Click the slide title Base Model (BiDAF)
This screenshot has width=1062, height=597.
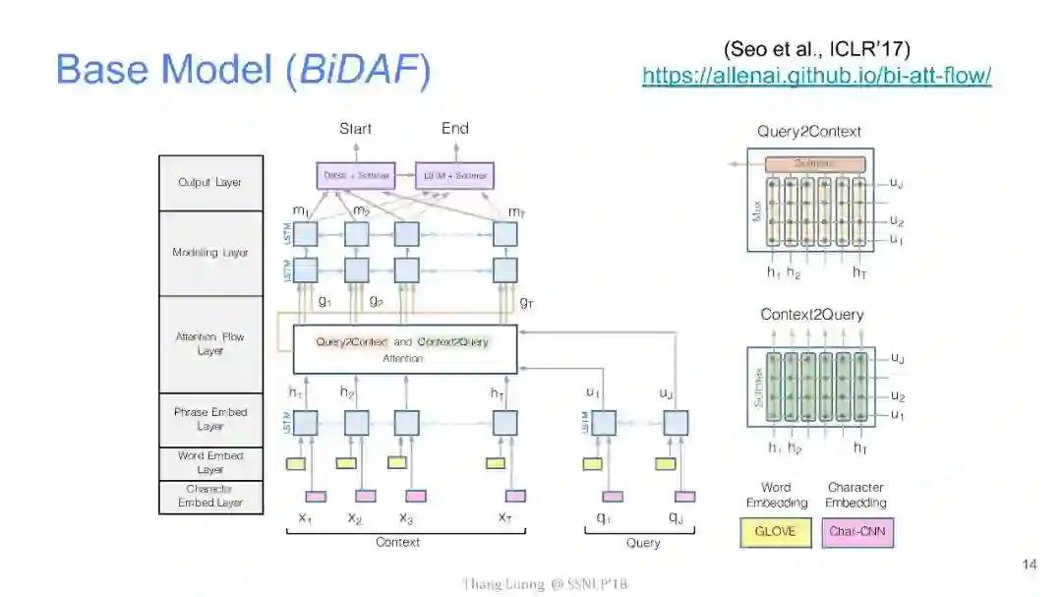click(243, 70)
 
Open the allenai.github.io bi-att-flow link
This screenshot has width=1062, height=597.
click(816, 76)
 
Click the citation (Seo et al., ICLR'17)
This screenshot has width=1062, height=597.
click(816, 48)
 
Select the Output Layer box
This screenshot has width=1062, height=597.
click(210, 183)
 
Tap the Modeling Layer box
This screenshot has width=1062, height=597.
click(210, 253)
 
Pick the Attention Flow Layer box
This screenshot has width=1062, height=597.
click(210, 343)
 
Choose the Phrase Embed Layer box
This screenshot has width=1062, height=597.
click(210, 419)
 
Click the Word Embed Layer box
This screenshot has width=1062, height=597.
click(210, 462)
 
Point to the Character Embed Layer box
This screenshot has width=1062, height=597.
click(210, 496)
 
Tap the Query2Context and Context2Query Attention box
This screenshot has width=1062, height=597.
click(404, 349)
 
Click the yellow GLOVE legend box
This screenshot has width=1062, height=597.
click(774, 532)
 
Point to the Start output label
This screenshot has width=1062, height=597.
click(355, 129)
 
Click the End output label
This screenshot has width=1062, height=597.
click(454, 129)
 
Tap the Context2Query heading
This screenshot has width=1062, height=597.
click(811, 315)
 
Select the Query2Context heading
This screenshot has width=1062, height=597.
click(809, 132)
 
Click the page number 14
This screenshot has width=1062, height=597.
click(1029, 565)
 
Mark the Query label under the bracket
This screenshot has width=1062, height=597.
click(642, 543)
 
